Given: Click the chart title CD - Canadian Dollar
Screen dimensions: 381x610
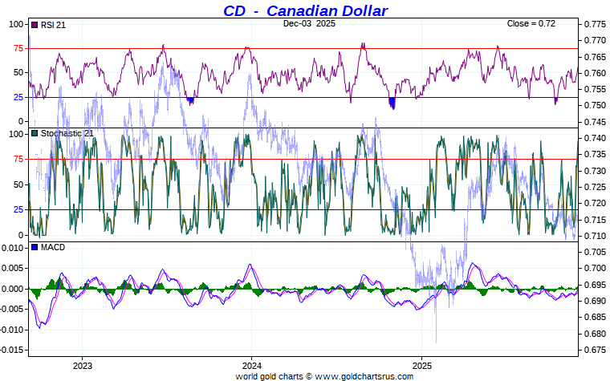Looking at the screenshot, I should coord(305,10).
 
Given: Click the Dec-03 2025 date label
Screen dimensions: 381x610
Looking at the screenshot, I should coord(310,24).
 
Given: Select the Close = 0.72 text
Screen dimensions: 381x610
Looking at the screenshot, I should coord(531,24).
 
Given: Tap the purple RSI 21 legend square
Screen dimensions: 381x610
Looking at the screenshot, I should coord(34,25).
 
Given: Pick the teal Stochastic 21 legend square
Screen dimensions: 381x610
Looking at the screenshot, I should coord(34,133).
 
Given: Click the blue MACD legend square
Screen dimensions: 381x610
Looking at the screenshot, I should coord(34,247).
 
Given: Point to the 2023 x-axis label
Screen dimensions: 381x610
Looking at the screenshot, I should coord(82,365).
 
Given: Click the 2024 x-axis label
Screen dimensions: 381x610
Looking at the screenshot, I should coord(251,365).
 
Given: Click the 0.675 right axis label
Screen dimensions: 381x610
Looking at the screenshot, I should coord(595,350).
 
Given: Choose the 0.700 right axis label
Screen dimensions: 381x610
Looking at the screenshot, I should coord(595,268).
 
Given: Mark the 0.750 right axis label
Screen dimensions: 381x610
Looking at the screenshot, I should coord(595,105).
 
